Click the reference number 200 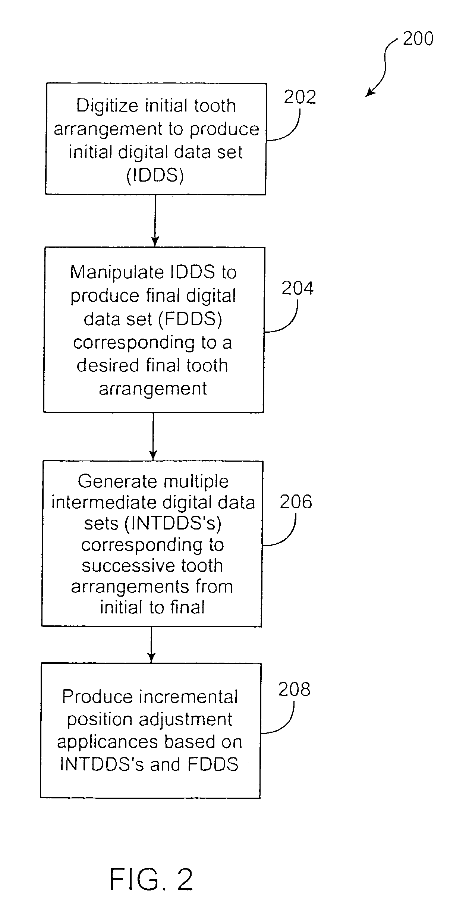click(418, 39)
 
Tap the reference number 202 click(300, 97)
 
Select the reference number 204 click(297, 288)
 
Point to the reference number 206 click(296, 502)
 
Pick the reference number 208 click(294, 689)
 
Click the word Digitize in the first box click(107, 106)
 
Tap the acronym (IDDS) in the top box click(155, 175)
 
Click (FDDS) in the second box click(190, 319)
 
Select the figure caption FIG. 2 click(151, 879)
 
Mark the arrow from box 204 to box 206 click(153, 437)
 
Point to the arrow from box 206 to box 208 click(151, 645)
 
